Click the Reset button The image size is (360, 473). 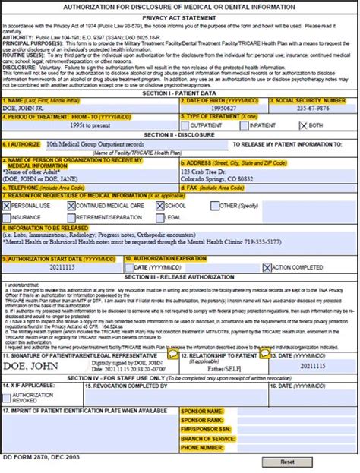[x=287, y=461]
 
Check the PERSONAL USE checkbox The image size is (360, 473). [x=6, y=205]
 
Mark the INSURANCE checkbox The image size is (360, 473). [x=6, y=216]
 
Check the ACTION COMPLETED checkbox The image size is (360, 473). [x=267, y=267]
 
